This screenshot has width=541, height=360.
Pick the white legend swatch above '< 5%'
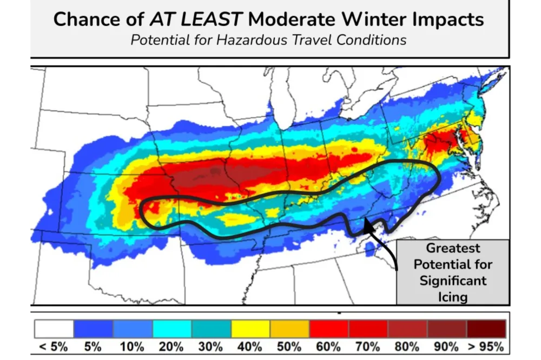[x=54, y=328]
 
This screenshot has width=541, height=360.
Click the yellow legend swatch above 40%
[x=250, y=328]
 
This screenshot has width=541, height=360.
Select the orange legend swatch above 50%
[x=290, y=328]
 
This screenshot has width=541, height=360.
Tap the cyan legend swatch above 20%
[x=172, y=328]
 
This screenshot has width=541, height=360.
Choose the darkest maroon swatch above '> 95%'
[x=486, y=328]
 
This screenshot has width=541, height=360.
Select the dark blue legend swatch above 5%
[x=93, y=328]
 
